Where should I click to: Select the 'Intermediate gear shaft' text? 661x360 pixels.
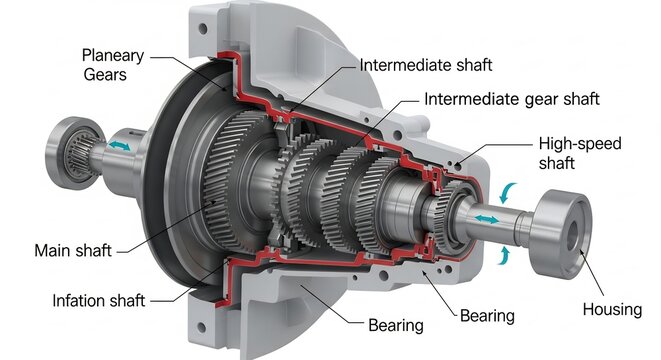pyautogui.click(x=512, y=99)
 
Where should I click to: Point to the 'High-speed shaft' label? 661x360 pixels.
pyautogui.click(x=579, y=153)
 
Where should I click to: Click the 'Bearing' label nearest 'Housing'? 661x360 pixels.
pyautogui.click(x=487, y=316)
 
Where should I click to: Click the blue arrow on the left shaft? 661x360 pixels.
pyautogui.click(x=120, y=146)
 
